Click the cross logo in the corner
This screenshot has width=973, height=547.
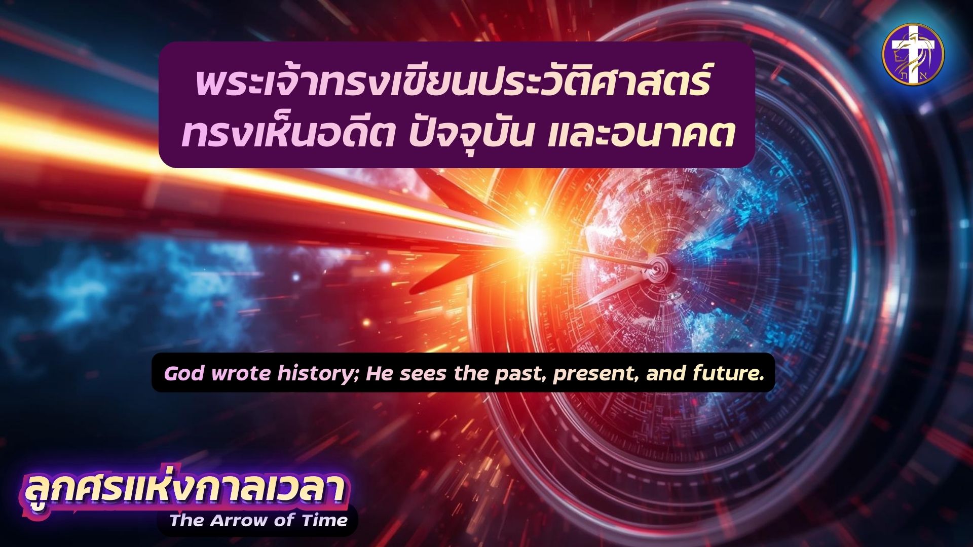(913, 55)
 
